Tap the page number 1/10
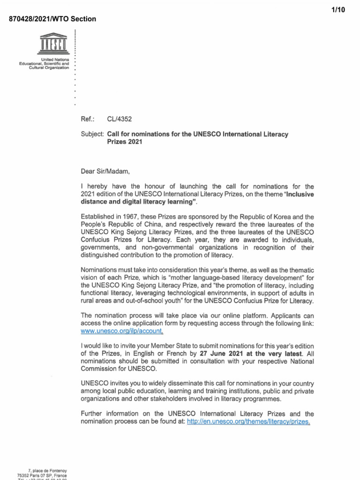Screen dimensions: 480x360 (337, 10)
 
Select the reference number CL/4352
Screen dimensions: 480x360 (117, 120)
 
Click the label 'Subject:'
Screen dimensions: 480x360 (93, 134)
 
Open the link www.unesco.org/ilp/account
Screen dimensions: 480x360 (122, 331)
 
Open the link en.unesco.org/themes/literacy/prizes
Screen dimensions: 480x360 (248, 422)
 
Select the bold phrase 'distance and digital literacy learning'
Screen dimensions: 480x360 (138, 202)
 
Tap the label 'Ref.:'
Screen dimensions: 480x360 (88, 120)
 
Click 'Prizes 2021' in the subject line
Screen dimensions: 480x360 (124, 142)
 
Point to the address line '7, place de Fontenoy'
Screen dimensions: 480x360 (47, 471)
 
